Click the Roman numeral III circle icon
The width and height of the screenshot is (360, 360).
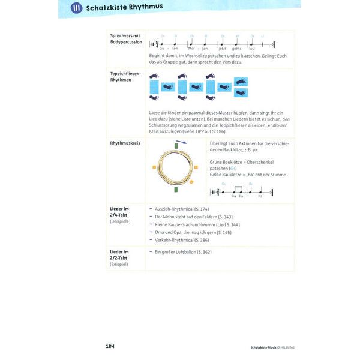[x=76, y=8]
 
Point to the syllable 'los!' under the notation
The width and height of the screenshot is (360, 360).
[x=252, y=47]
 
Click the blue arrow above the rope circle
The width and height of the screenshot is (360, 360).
[x=181, y=142]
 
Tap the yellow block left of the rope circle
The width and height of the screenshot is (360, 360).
[x=154, y=167]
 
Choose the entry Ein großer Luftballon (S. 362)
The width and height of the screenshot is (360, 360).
[x=183, y=252]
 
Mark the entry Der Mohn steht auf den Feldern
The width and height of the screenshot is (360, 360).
[x=184, y=216]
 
